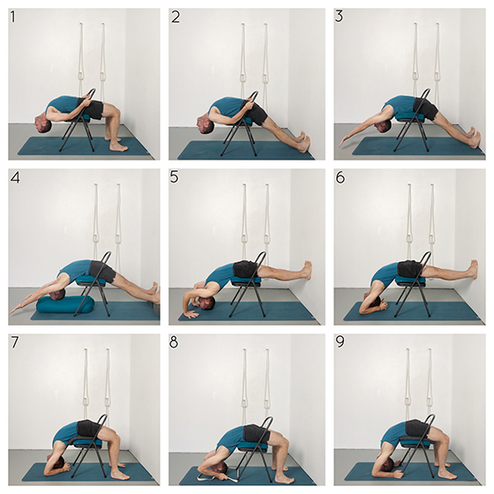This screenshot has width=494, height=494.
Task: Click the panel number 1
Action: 12,17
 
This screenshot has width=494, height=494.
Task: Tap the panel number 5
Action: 174,177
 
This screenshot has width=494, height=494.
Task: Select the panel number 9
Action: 341,341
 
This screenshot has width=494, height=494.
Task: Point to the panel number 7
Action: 14,342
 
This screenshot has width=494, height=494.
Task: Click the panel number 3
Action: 339,16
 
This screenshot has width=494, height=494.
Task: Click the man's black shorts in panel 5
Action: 246,269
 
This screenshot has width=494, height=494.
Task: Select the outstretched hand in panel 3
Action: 344,141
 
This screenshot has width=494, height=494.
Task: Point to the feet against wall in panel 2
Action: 304,141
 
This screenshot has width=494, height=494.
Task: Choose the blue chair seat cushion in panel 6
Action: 409,281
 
